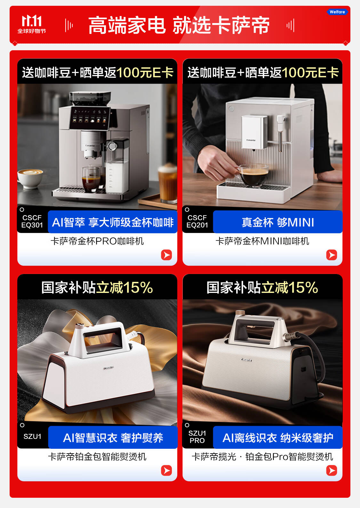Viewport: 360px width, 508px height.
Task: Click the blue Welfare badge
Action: (x=337, y=12)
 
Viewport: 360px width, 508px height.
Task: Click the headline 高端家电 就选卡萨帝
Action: (x=179, y=25)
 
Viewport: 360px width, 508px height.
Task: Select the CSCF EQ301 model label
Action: (x=32, y=221)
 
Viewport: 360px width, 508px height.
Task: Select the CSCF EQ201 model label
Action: (x=197, y=221)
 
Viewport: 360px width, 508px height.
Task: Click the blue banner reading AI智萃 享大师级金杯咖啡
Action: (x=113, y=222)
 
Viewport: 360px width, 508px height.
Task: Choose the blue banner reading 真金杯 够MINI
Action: (x=278, y=222)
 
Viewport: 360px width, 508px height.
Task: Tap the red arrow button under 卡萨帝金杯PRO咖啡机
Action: (x=166, y=255)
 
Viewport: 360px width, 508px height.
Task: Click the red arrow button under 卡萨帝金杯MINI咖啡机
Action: (x=332, y=255)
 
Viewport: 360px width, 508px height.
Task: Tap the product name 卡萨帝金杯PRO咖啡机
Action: (x=97, y=241)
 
